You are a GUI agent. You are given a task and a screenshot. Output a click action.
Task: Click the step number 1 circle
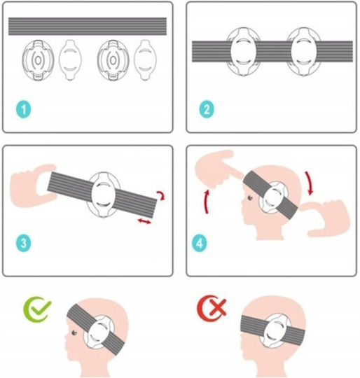24,110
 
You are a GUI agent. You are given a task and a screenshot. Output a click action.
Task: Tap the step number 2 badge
207,109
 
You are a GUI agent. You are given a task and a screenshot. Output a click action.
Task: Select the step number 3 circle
24,243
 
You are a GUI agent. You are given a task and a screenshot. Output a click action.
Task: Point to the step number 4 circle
200,243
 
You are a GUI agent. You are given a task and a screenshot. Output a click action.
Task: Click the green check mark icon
38,309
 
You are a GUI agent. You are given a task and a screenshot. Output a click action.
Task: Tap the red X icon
212,307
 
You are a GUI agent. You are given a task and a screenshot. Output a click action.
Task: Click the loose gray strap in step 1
88,27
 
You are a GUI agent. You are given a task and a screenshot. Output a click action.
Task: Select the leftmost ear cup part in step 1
38,60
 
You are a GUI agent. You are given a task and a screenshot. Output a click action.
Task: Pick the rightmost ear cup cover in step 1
145,60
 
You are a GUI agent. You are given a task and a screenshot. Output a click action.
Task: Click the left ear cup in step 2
244,51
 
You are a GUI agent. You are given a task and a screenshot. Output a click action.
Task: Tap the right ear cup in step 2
303,51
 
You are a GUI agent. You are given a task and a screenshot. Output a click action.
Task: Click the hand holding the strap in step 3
32,186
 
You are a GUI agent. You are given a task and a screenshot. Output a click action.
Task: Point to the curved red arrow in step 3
161,195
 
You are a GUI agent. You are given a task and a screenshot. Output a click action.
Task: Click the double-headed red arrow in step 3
144,220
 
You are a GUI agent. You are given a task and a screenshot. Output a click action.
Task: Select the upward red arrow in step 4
207,202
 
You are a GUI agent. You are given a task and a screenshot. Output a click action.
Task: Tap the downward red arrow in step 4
310,183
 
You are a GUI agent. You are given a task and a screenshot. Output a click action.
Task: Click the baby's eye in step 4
250,198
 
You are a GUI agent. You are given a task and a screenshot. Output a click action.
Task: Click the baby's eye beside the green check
74,333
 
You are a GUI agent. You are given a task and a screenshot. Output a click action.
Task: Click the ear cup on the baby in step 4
275,197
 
